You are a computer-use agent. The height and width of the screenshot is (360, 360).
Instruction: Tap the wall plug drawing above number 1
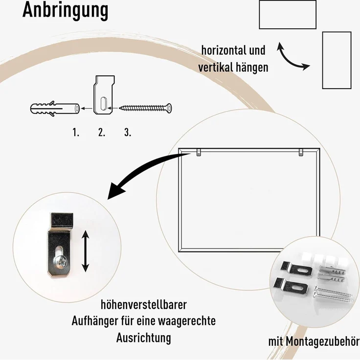(55, 109)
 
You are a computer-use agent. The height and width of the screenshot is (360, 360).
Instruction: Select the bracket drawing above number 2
(104, 95)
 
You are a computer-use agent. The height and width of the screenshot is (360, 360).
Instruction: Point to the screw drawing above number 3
(145, 108)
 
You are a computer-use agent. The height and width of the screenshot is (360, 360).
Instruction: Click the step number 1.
(76, 132)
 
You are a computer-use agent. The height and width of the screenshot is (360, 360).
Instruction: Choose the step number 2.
(102, 132)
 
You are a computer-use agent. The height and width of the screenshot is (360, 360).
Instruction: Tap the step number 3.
(128, 132)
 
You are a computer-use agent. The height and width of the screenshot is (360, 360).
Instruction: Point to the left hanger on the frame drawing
(199, 152)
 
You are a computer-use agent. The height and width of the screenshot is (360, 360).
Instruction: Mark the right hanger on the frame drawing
(301, 152)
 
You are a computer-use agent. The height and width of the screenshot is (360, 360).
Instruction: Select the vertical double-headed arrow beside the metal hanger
(86, 251)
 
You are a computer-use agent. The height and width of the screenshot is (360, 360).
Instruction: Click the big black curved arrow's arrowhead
(116, 190)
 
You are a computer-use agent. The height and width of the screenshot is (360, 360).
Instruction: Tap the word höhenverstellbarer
(144, 305)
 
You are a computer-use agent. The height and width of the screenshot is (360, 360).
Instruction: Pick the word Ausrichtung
(144, 337)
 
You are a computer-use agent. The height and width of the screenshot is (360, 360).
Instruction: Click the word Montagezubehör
(323, 341)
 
